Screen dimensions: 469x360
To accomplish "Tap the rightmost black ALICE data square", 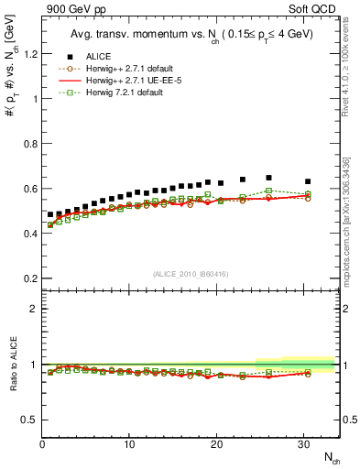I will tap(308, 181).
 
